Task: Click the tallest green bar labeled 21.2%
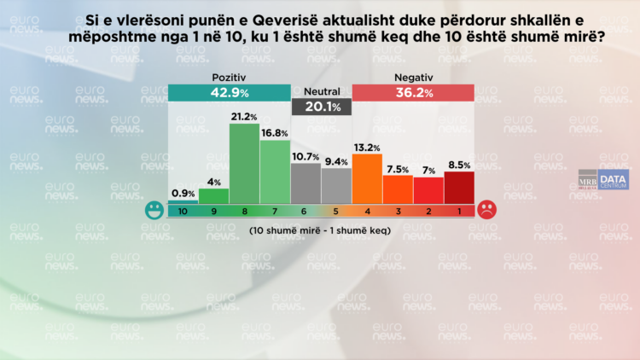pos(244,164)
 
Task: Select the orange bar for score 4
pos(367,178)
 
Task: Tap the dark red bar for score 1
pos(458,187)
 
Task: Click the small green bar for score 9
pos(213,195)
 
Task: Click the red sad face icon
pos(486,210)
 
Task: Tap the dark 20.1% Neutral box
pos(321,107)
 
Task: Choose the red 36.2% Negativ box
pos(413,93)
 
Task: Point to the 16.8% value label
pos(275,133)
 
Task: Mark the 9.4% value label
pos(336,161)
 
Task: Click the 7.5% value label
pos(398,168)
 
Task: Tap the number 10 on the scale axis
pos(183,210)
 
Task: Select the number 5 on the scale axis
pos(336,210)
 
